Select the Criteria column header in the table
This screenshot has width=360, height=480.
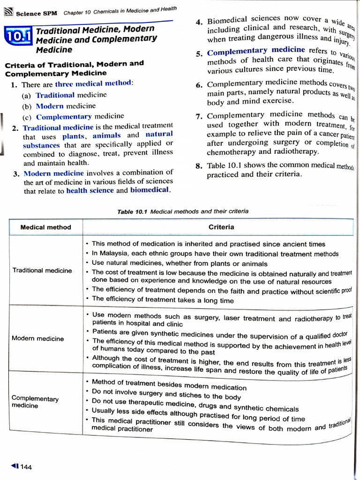pos(221,227)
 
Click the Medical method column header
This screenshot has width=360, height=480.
pos(46,227)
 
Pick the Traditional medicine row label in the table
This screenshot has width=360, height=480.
pos(42,270)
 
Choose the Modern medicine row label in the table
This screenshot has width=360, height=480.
pos(38,338)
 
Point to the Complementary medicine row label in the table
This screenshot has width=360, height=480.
pos(35,402)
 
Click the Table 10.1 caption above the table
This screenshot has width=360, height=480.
pos(183,211)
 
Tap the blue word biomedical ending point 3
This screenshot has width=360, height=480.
pos(150,190)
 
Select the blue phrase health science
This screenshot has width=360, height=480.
pos(90,190)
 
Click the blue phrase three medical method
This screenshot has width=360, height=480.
pos(94,83)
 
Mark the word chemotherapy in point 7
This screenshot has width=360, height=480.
pos(231,152)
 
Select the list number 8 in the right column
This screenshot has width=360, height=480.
pos(199,165)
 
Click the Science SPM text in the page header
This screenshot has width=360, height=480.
pos(36,13)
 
